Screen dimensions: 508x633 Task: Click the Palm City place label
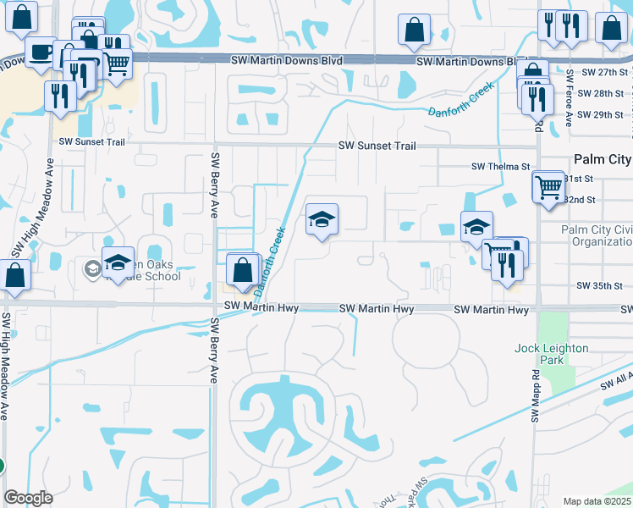point(602,159)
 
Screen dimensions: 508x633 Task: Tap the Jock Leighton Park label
point(550,354)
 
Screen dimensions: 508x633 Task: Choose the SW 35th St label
point(600,287)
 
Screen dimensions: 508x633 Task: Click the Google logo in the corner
point(28,498)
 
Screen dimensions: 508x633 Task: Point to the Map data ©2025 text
point(597,501)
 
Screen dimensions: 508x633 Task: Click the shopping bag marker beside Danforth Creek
point(243,271)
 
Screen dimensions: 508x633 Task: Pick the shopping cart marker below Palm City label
point(548,185)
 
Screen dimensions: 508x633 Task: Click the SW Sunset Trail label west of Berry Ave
point(92,142)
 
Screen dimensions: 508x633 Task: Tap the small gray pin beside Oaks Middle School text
point(92,269)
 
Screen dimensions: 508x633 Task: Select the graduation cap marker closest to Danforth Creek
point(322,220)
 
